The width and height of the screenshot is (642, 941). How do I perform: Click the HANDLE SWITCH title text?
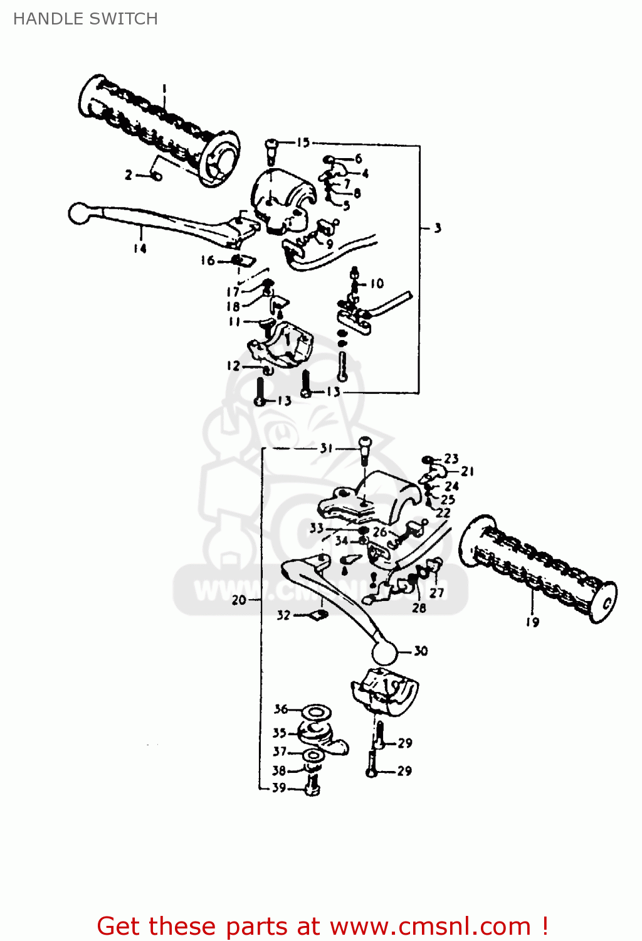pos(85,19)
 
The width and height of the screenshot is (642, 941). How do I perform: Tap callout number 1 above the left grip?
pos(164,88)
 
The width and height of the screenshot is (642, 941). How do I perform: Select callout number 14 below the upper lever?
pos(140,248)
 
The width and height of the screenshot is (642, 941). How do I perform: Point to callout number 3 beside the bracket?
pos(438,228)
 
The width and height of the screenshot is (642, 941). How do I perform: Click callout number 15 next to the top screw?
pos(303,142)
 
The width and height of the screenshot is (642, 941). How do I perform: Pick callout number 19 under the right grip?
pos(532,622)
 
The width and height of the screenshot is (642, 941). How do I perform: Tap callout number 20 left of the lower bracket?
pos(239,600)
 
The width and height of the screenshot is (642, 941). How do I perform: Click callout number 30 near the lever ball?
pos(421,651)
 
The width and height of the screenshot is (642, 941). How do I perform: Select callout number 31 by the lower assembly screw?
pos(326,448)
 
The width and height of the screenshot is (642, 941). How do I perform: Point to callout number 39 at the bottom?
pos(279,787)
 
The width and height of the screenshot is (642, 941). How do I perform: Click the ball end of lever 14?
pos(78,213)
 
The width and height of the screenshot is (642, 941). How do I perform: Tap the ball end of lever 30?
pos(385,653)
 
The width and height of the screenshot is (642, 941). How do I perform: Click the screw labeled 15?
pos(271,151)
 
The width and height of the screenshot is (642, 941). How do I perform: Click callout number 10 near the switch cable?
pos(376,284)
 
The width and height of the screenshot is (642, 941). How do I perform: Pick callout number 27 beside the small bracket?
pos(437,592)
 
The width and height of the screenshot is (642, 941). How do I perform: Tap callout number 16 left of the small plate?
pos(208,260)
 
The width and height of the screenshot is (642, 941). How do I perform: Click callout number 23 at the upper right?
pos(451,459)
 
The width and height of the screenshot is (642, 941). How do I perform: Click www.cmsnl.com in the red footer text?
pos(430,926)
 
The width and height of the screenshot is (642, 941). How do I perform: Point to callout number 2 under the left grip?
pos(129,175)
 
